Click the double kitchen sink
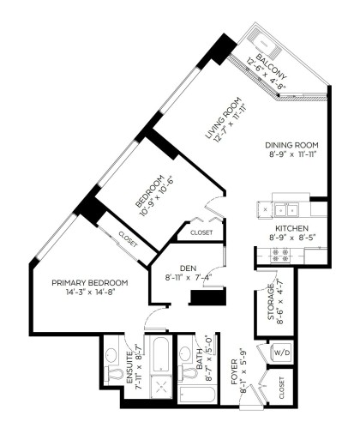click(279, 208)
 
